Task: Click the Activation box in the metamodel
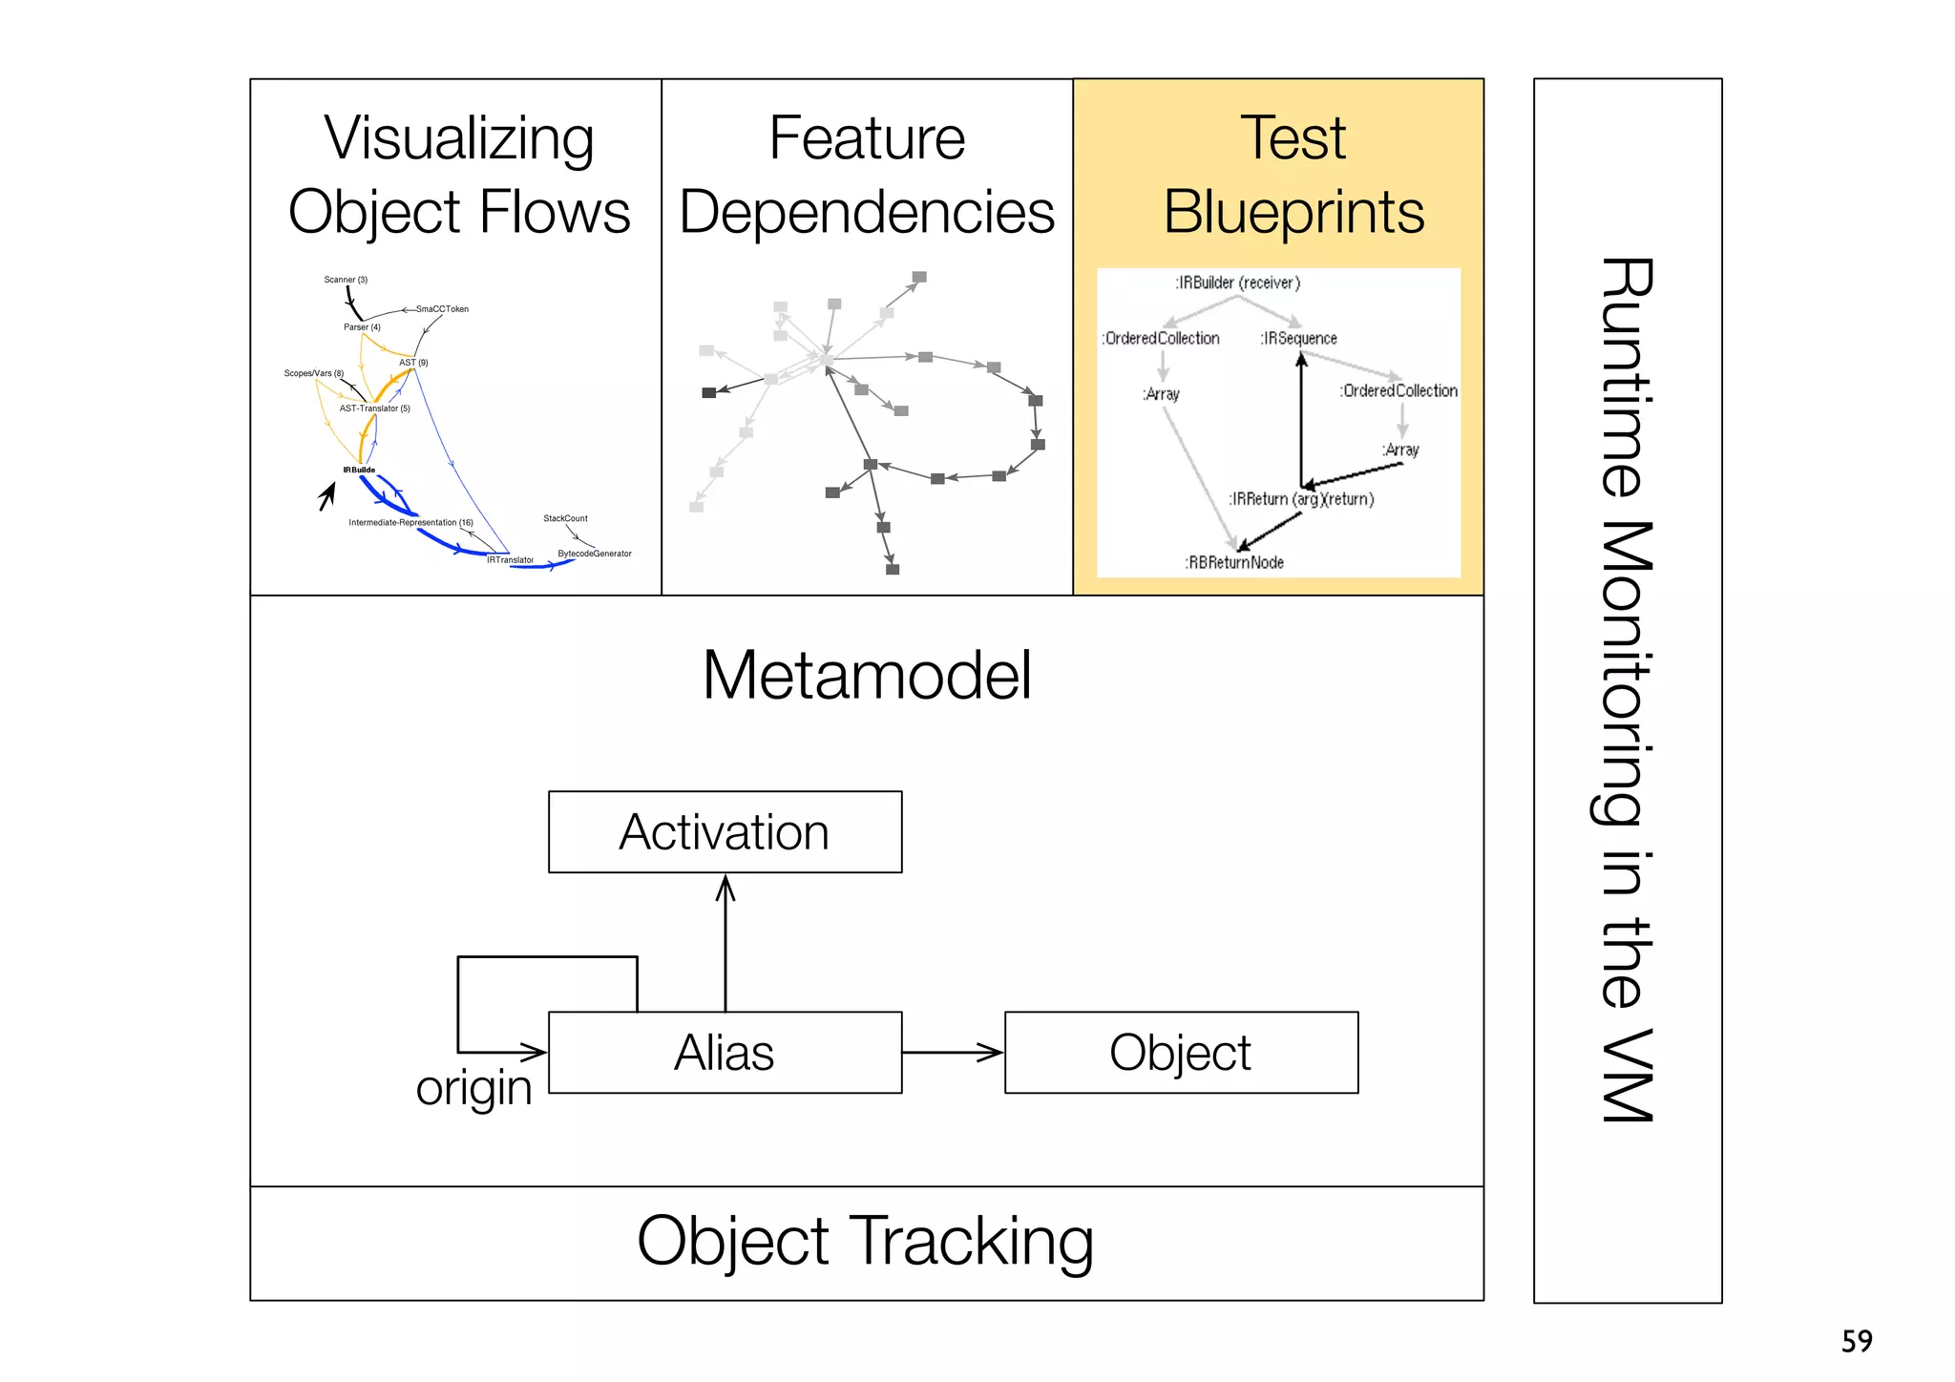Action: [x=725, y=831]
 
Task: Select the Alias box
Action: [x=725, y=1052]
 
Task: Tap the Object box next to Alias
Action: [x=1181, y=1052]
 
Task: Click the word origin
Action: [x=473, y=1088]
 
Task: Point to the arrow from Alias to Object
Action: [x=953, y=1053]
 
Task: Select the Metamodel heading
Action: [x=866, y=675]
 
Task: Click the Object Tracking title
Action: [x=865, y=1241]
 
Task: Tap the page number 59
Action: [x=1857, y=1341]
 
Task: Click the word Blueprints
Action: [x=1293, y=212]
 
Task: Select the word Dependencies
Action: [x=867, y=212]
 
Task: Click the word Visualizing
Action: [x=459, y=138]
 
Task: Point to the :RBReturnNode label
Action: [x=1234, y=563]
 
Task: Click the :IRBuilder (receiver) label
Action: [x=1237, y=283]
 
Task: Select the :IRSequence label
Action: [x=1298, y=339]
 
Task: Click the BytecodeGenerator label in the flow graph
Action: [x=595, y=554]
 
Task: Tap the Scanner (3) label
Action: [x=346, y=280]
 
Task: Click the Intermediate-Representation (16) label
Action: [x=410, y=522]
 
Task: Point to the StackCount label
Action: [x=565, y=518]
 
